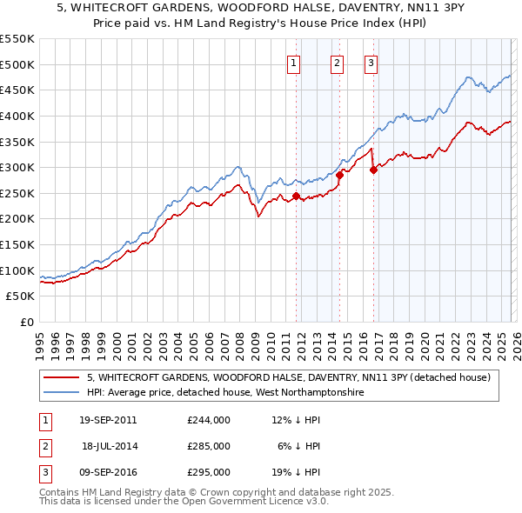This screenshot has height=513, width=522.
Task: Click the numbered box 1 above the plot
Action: (x=294, y=63)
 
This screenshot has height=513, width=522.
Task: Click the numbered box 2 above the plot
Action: (x=337, y=63)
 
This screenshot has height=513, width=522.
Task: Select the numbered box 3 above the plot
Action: (x=371, y=63)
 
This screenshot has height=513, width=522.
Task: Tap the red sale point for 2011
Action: (x=296, y=196)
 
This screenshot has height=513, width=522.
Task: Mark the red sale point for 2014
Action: (x=339, y=175)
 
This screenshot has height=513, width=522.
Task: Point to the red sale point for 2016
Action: (x=372, y=170)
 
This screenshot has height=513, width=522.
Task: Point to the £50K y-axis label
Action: (x=21, y=296)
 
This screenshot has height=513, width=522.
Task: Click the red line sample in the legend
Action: (x=62, y=377)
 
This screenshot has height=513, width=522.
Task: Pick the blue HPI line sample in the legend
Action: (x=62, y=393)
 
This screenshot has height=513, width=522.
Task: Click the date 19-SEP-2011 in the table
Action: (x=108, y=420)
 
